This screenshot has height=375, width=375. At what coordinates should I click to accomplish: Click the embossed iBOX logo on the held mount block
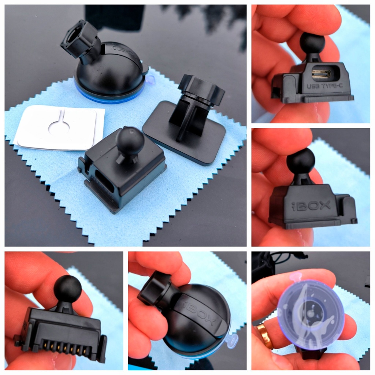click(311, 205)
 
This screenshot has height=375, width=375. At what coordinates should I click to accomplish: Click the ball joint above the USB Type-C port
click(312, 44)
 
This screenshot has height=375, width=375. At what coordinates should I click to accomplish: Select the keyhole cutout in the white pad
click(59, 123)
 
